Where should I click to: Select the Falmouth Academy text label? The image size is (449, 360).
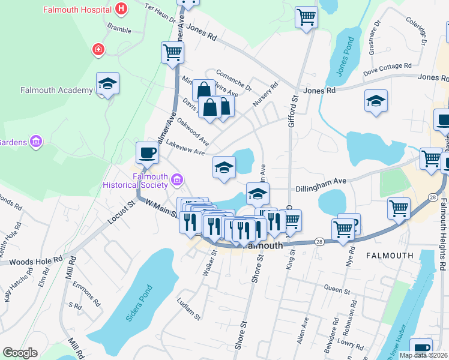click(56, 91)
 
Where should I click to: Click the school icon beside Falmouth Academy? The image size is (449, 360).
click(107, 83)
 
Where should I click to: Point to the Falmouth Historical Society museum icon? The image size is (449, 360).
click(177, 179)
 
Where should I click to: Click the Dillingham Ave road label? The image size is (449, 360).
click(321, 181)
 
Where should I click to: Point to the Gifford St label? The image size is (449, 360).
click(294, 105)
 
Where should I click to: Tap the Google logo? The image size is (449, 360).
click(20, 353)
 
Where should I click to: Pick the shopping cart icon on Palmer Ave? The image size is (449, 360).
click(172, 52)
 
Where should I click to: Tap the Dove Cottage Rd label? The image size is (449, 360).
click(391, 65)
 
